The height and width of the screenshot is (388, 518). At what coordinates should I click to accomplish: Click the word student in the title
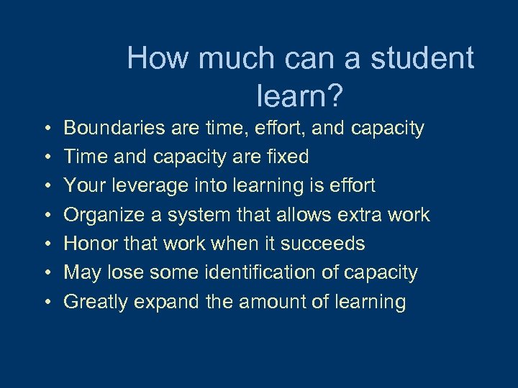423,58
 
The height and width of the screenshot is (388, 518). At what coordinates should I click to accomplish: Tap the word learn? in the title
300,93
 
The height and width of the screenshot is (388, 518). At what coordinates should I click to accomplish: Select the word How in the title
155,58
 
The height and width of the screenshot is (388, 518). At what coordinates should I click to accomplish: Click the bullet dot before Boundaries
45,129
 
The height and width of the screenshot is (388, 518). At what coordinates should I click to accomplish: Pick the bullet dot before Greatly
45,302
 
